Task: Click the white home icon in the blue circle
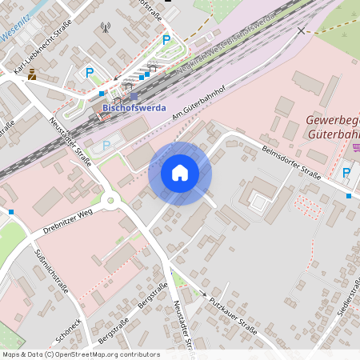pos(180,173)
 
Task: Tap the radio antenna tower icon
pos(104,28)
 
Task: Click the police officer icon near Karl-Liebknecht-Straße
pos(31,74)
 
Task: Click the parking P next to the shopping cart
pos(347,172)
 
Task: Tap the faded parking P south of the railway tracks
pos(106,145)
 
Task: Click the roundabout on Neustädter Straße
pos(110,200)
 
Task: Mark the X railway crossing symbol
pos(301,31)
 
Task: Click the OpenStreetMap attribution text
pos(80,354)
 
